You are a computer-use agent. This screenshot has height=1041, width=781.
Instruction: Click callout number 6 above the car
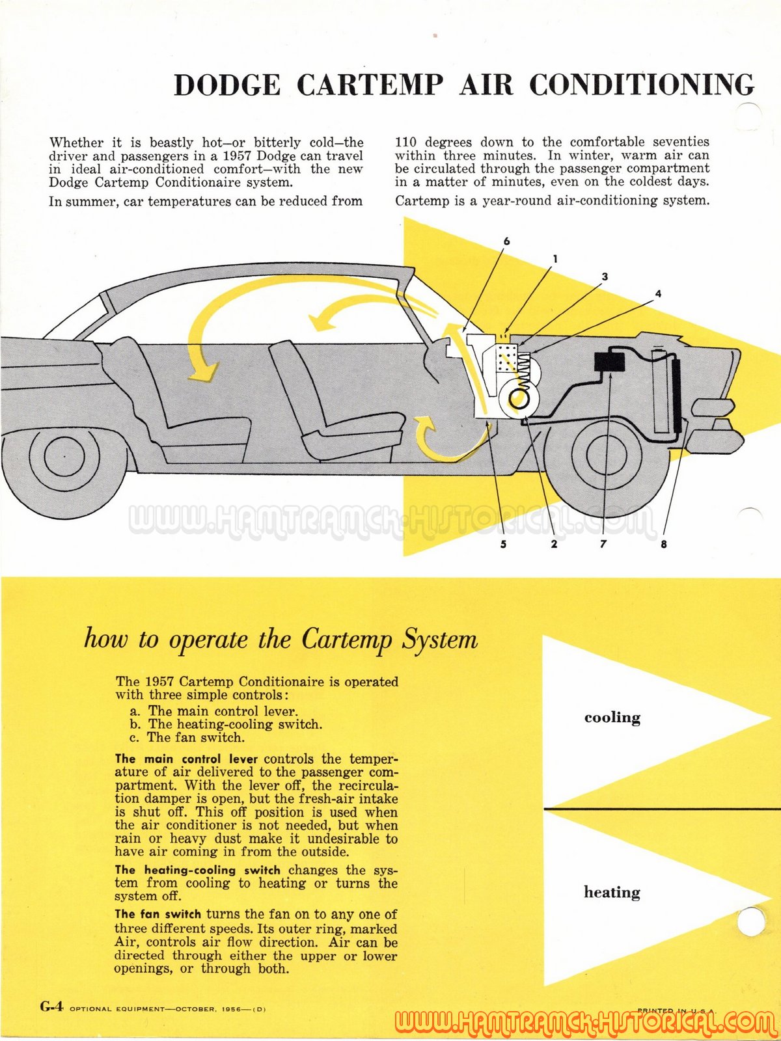tap(506, 241)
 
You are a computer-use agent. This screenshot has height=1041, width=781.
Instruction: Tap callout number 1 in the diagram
tap(555, 258)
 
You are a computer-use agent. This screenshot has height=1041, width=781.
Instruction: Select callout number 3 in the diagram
tap(605, 276)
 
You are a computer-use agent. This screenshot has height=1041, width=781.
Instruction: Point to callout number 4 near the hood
tap(658, 293)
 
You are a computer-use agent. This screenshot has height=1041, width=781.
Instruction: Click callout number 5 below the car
tap(503, 544)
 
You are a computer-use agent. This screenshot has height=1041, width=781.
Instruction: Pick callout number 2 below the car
tap(554, 544)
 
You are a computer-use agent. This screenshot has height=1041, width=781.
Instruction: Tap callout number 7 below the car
tap(603, 544)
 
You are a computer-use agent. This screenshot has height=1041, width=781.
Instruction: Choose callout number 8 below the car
tap(663, 544)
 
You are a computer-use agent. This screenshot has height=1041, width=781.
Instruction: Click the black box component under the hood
tap(609, 362)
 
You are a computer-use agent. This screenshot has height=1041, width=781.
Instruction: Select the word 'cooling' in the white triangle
tap(612, 717)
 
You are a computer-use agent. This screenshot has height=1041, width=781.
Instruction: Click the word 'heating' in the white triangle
tap(612, 892)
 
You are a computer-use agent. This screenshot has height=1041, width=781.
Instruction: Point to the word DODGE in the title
tap(227, 85)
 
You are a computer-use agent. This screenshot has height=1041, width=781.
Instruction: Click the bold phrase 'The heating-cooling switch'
tap(197, 870)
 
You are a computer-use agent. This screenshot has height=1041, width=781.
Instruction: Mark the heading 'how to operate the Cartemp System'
tap(281, 640)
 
